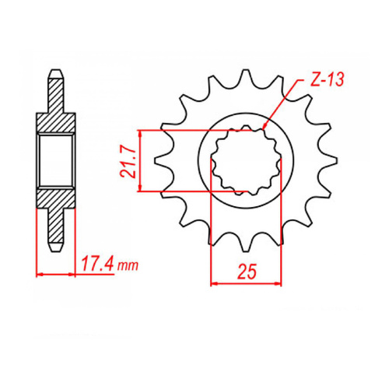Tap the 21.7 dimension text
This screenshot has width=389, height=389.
[x=128, y=160]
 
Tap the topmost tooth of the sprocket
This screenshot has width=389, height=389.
[x=237, y=78]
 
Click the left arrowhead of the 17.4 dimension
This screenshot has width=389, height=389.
[x=40, y=274]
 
